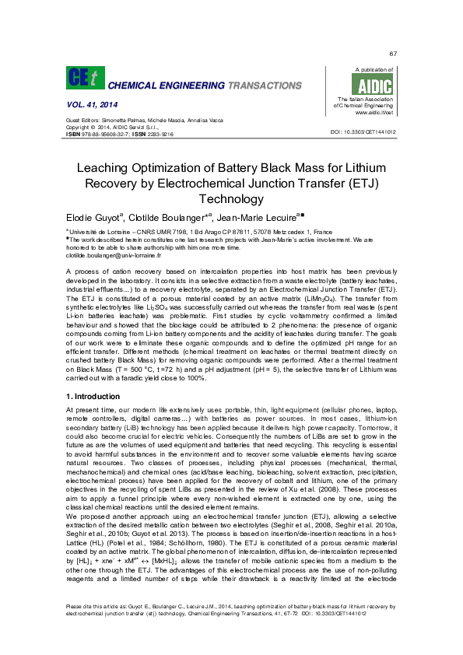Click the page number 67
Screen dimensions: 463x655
393,53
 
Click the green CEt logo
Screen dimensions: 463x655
81,77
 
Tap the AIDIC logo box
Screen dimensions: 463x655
374,85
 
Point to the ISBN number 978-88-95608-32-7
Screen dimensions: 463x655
104,134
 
